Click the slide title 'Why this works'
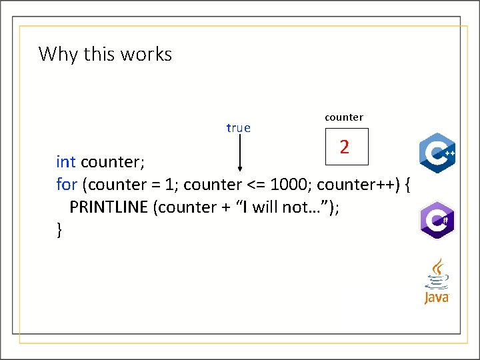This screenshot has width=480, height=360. [x=105, y=53]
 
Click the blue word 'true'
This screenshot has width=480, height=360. [x=238, y=127]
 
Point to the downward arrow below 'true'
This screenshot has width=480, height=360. [x=239, y=154]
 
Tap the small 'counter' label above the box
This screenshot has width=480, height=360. [x=343, y=117]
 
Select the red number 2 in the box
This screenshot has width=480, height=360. [x=344, y=147]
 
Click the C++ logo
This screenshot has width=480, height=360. [x=437, y=153]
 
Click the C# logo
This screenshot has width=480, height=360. [x=437, y=219]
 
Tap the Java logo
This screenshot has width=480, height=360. [x=437, y=281]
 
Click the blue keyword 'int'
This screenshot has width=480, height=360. [x=65, y=162]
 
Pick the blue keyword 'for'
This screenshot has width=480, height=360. [x=67, y=184]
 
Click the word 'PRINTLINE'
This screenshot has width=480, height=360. [x=109, y=207]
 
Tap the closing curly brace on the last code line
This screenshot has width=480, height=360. [x=60, y=230]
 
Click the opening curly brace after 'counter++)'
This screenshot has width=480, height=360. [x=407, y=184]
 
